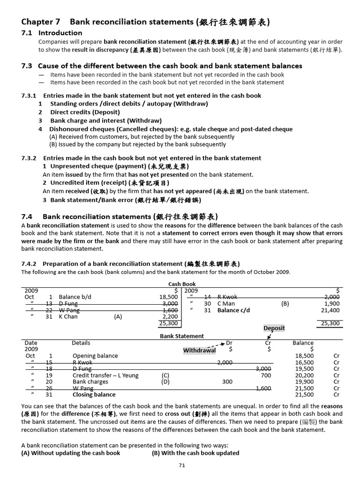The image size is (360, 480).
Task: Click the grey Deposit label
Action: point(274,328)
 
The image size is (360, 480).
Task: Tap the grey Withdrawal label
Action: point(199,351)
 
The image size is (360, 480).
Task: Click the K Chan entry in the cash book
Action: point(68,316)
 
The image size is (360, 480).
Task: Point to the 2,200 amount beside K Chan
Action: point(170,316)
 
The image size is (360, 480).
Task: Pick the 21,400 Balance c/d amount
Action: point(331,310)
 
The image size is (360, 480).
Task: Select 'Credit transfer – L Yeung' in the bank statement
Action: point(105,375)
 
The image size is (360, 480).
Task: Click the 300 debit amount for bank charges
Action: point(227,382)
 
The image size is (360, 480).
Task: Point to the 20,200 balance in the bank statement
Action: point(305,375)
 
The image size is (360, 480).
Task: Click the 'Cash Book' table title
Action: point(182,284)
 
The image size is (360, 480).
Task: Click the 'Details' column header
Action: point(81,343)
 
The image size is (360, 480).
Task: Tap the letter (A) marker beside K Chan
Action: point(118,316)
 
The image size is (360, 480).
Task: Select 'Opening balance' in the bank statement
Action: point(95,356)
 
